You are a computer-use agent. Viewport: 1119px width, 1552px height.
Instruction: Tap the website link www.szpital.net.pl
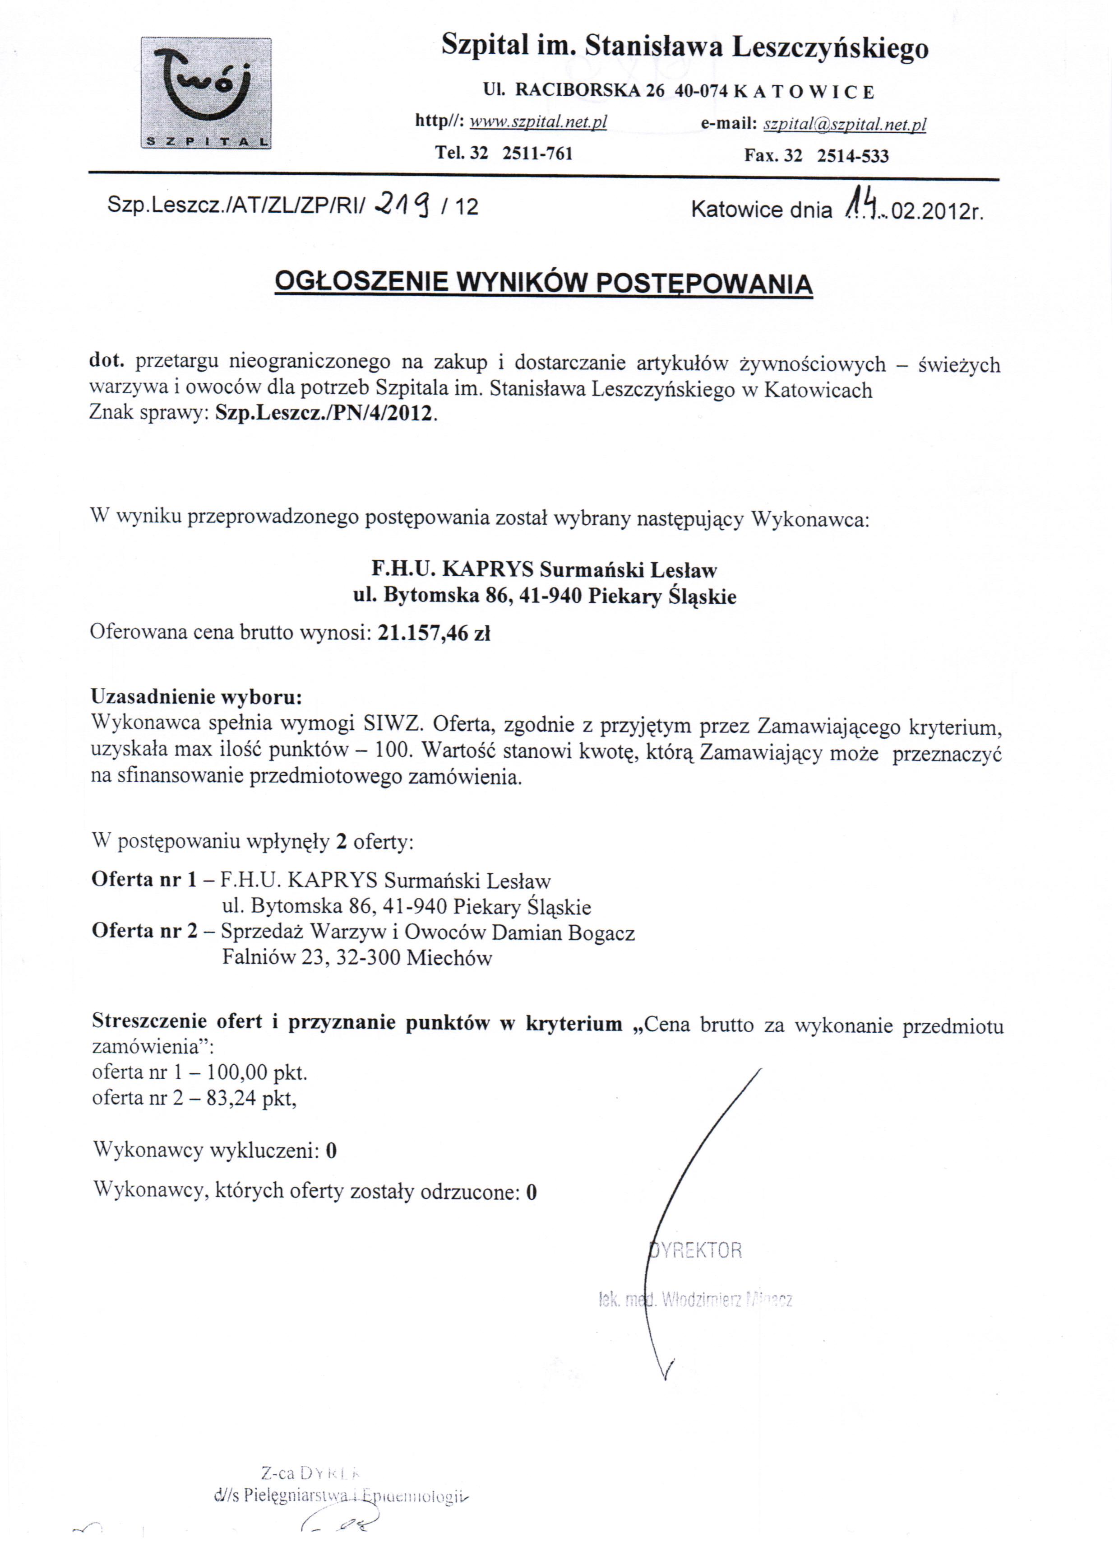click(538, 122)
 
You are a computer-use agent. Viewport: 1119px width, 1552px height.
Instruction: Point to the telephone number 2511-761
click(537, 153)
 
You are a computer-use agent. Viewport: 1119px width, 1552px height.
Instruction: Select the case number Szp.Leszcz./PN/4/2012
click(324, 414)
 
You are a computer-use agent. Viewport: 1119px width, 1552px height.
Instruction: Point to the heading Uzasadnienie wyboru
click(196, 697)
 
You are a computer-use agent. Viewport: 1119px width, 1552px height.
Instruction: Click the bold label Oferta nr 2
click(144, 932)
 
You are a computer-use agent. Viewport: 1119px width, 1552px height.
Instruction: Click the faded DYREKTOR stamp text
click(696, 1250)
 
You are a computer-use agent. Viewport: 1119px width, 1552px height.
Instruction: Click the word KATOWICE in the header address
click(804, 92)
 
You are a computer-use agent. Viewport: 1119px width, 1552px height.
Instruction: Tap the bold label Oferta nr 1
click(144, 879)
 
